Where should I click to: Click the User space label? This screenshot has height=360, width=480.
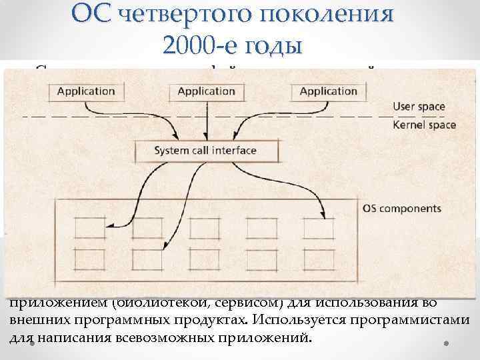pyautogui.click(x=419, y=106)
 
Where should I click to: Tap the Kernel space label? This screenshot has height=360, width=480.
pyautogui.click(x=424, y=125)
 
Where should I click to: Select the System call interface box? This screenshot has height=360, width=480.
pyautogui.click(x=205, y=150)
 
